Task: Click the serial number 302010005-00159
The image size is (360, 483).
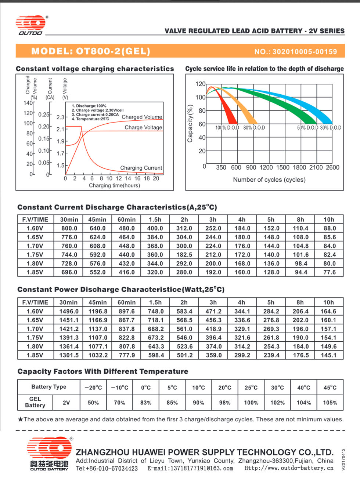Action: (x=305, y=52)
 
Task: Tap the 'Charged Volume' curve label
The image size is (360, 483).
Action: (x=142, y=117)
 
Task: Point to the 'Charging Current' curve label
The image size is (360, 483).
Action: (x=141, y=168)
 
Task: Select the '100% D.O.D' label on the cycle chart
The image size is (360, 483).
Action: (x=227, y=128)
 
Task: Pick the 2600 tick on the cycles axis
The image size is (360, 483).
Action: (x=332, y=167)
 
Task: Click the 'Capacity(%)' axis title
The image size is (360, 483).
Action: (x=190, y=123)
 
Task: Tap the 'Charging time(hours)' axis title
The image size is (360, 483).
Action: (x=115, y=186)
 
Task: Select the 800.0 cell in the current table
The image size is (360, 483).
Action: (x=69, y=228)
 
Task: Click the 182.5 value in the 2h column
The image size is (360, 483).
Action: (x=184, y=255)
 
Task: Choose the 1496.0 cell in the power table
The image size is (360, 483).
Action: (x=69, y=311)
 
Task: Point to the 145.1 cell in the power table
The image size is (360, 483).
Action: (x=328, y=355)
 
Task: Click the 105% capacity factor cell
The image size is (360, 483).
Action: (x=330, y=403)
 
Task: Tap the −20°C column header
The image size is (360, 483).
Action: (x=93, y=388)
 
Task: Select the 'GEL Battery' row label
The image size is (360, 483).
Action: (x=35, y=402)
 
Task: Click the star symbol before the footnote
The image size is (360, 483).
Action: (x=20, y=420)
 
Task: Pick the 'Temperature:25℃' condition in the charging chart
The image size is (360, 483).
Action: (x=90, y=119)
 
